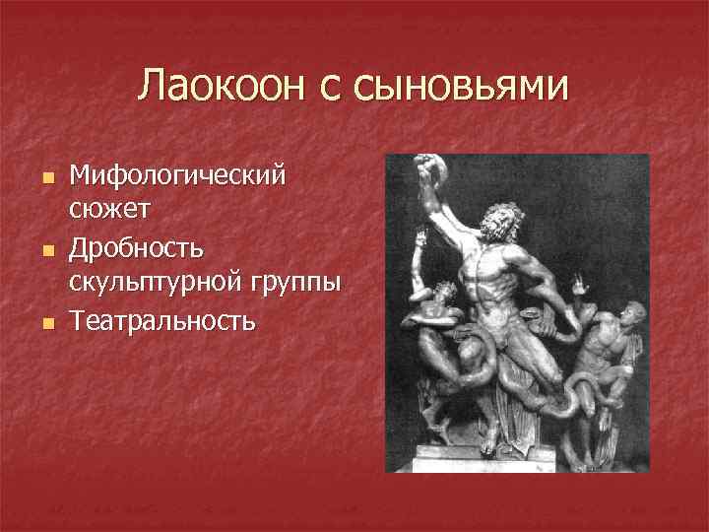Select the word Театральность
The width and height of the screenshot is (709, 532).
(162, 319)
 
